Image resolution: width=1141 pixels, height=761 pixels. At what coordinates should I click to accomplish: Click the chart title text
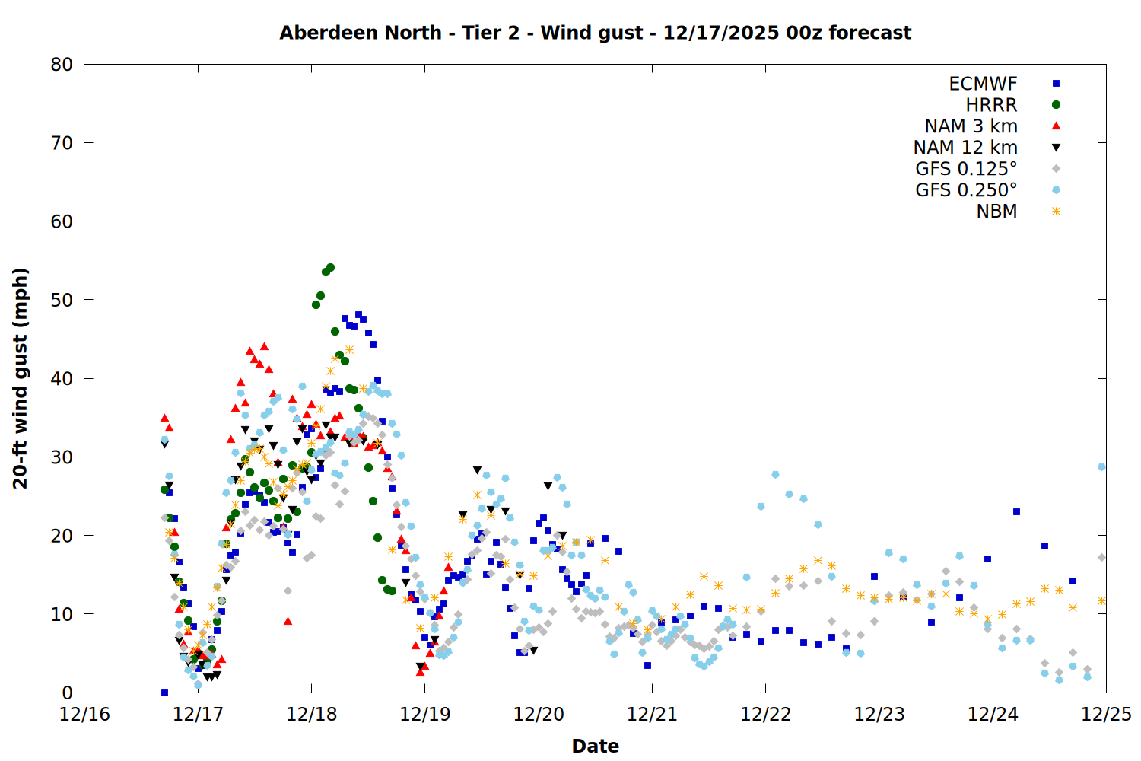tap(595, 33)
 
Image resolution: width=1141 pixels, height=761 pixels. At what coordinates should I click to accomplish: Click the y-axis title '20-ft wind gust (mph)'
tap(21, 378)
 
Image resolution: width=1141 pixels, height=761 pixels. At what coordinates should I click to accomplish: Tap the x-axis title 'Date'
tap(595, 746)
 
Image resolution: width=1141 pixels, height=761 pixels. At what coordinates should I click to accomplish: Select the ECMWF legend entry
tap(983, 84)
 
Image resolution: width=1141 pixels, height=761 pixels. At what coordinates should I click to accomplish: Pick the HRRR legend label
tap(991, 105)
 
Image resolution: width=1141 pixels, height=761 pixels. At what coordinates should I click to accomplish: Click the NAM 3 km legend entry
tap(971, 126)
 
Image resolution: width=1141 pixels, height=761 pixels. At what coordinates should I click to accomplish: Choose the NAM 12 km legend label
tap(965, 148)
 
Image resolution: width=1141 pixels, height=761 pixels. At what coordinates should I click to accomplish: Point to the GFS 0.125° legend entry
tap(966, 169)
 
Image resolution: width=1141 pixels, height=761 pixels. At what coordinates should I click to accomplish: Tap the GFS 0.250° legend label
tap(966, 190)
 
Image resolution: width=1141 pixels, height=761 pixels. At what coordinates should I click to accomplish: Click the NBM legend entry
tap(996, 212)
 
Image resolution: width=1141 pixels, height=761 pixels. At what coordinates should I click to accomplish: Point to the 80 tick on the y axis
tap(62, 65)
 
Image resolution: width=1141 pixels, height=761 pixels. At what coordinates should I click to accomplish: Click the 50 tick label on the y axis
tap(62, 300)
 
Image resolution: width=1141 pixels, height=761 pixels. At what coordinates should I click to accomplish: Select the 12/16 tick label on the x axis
tap(84, 715)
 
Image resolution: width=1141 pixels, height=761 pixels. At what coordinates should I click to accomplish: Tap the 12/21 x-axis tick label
tap(652, 715)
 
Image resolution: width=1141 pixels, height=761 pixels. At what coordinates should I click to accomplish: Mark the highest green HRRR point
tap(330, 268)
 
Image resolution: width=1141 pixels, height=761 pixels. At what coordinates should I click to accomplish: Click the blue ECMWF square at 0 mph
tap(164, 693)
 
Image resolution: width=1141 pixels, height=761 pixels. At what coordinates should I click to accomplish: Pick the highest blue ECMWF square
tap(358, 314)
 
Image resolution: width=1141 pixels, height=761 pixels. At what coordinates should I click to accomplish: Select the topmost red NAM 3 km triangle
tap(264, 346)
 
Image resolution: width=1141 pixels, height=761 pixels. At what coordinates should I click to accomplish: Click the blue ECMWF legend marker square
tap(1056, 84)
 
